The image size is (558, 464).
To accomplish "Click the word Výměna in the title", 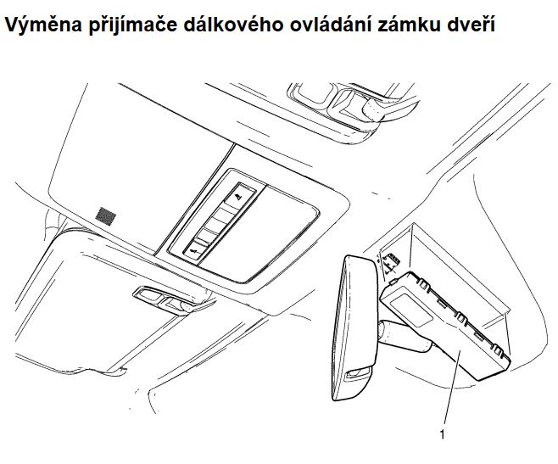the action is (x=43, y=25).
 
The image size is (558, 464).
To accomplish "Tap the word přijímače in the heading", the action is (x=133, y=25).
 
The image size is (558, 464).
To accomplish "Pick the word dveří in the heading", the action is (x=470, y=25).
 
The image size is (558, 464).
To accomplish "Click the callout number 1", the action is (x=442, y=434).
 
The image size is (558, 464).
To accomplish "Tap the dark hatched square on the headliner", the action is (x=106, y=216).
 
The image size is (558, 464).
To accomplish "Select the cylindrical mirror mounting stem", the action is (x=402, y=336).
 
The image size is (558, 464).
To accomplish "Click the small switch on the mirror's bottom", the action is (x=358, y=372).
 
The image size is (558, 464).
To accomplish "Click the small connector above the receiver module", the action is (x=391, y=261).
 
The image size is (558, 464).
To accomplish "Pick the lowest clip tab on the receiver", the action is (x=498, y=351).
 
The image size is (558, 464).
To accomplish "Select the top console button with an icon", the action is (x=241, y=194).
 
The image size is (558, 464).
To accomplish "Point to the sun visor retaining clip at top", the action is (x=352, y=104).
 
